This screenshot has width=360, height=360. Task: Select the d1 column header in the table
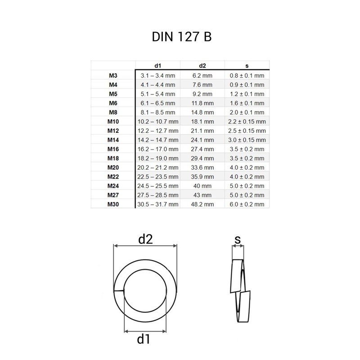click(x=157, y=65)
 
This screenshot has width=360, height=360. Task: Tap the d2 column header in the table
click(x=202, y=65)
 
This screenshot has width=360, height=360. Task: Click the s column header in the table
click(x=247, y=65)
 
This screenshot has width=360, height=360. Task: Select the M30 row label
click(x=113, y=204)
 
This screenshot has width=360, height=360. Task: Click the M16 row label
click(x=113, y=149)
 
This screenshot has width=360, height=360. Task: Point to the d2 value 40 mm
click(x=202, y=185)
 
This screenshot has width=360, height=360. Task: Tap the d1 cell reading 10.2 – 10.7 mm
click(x=157, y=121)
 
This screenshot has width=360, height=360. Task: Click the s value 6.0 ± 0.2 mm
click(x=247, y=204)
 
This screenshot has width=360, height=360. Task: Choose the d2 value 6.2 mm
click(x=202, y=76)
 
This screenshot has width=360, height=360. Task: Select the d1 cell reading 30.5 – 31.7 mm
click(x=157, y=204)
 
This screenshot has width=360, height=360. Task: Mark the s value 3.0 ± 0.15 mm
click(x=247, y=140)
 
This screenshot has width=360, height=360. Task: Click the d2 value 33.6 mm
click(x=202, y=167)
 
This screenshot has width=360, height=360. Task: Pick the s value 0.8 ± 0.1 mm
click(x=247, y=76)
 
